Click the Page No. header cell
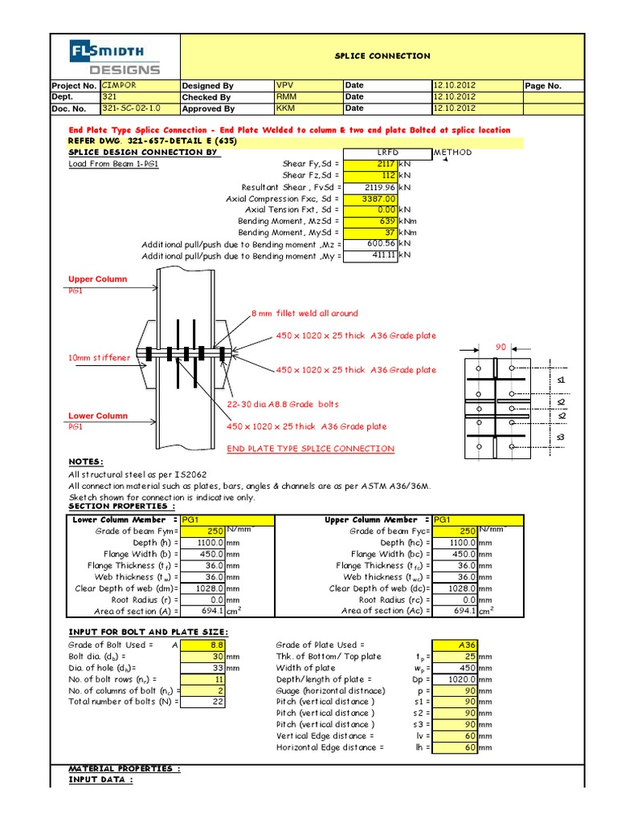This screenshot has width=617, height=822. (x=544, y=86)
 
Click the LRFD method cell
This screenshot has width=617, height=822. (x=387, y=152)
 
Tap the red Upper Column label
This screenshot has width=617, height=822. (x=97, y=279)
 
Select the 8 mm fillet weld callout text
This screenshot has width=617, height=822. (x=304, y=313)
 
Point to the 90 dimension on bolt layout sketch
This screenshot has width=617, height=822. (x=500, y=348)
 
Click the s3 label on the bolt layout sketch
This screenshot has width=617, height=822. (x=561, y=436)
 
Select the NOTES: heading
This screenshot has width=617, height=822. (x=86, y=462)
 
